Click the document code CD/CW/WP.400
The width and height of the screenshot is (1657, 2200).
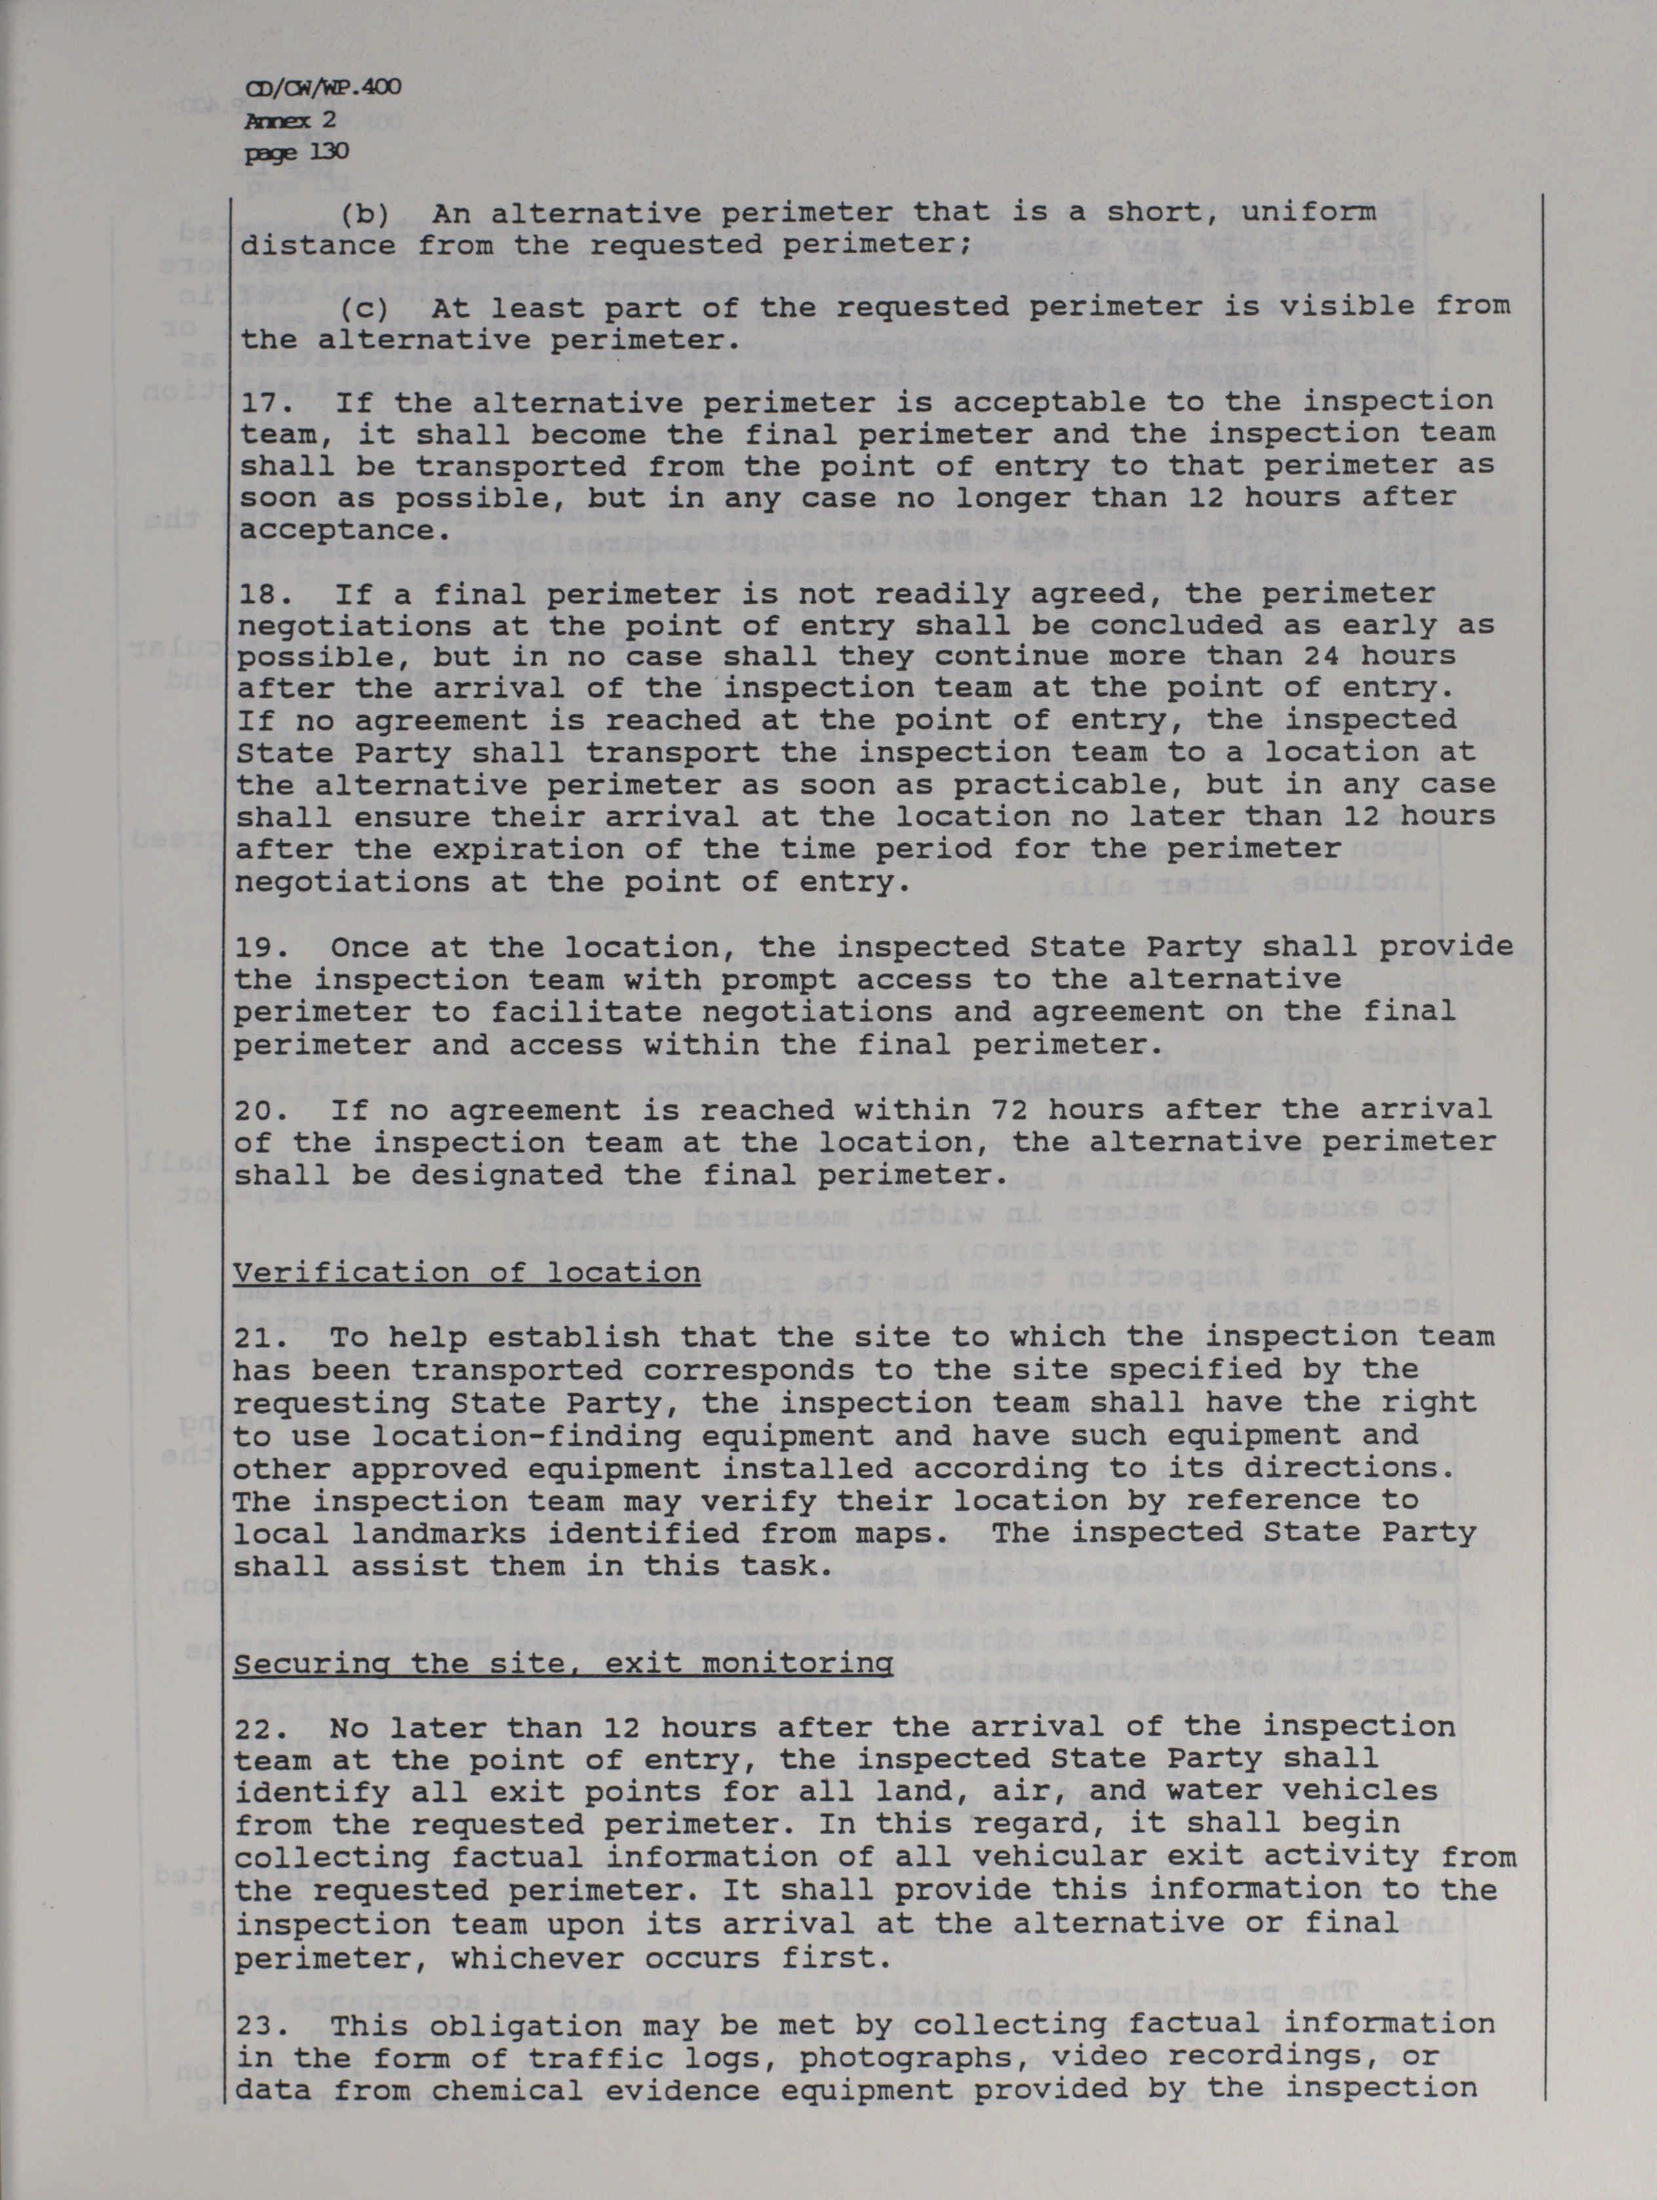pyautogui.click(x=322, y=88)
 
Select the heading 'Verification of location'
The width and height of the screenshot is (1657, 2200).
pyautogui.click(x=467, y=1273)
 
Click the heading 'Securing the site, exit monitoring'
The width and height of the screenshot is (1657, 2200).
pyautogui.click(x=562, y=1663)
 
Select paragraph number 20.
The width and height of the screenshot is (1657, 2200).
pyautogui.click(x=256, y=1109)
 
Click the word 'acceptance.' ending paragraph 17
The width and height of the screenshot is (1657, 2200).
pyautogui.click(x=339, y=530)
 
